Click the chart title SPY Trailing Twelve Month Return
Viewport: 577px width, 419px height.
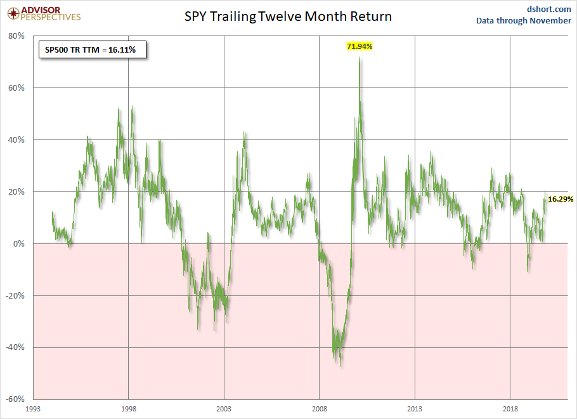[287, 16]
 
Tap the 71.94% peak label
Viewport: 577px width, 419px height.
[359, 46]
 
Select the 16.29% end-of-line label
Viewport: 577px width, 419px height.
[561, 199]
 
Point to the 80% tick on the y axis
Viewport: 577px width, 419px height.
[16, 36]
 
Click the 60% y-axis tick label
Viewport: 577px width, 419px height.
[16, 88]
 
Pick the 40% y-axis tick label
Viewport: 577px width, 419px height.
[16, 140]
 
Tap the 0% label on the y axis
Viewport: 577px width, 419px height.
[18, 244]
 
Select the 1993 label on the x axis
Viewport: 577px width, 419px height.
[34, 409]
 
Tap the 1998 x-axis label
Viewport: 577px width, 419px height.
[129, 409]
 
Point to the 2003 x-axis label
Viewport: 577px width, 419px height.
[224, 409]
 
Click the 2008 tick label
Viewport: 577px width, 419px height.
[319, 409]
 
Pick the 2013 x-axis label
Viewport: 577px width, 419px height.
[415, 409]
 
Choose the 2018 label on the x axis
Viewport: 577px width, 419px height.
[510, 409]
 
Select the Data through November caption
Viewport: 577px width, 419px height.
[524, 21]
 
